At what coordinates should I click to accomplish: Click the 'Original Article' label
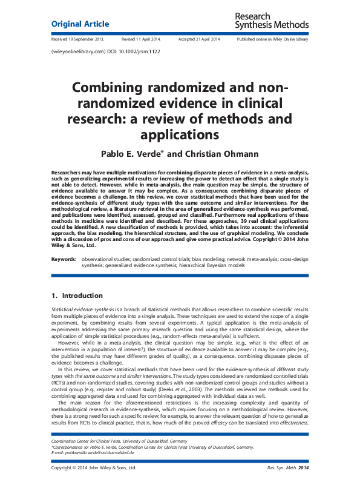point(80,24)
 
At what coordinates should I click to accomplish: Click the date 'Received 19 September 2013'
point(78,39)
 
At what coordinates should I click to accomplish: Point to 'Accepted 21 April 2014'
point(199,39)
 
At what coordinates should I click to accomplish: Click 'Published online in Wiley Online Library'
point(272,39)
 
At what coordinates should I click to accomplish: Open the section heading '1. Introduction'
point(77,296)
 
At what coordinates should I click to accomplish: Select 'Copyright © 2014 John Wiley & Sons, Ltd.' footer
point(94,468)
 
